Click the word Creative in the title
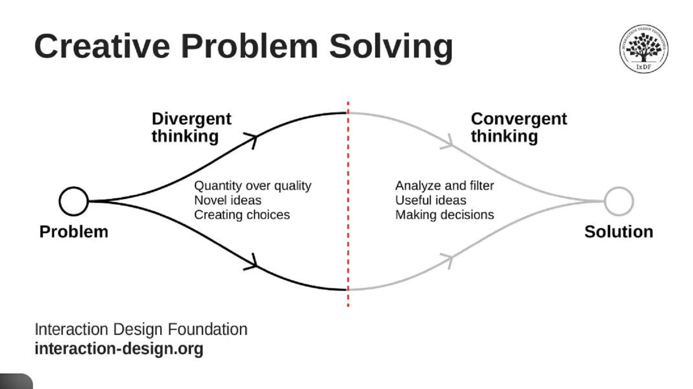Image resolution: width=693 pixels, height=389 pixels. (x=102, y=46)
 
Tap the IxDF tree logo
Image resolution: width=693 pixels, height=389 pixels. (x=643, y=48)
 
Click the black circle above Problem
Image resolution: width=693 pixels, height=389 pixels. (x=74, y=201)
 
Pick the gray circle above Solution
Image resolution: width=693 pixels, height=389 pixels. (x=619, y=201)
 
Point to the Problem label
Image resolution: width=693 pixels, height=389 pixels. (x=74, y=232)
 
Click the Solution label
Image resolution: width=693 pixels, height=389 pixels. (x=619, y=232)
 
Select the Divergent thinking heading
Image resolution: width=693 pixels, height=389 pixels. (x=191, y=127)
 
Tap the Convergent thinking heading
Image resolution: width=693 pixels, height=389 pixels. (x=518, y=127)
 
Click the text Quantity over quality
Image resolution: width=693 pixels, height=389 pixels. (x=253, y=186)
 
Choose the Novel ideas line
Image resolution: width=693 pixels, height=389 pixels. (x=228, y=200)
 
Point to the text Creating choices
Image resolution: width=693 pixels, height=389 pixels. (x=242, y=215)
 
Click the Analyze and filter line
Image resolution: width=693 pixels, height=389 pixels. (x=444, y=186)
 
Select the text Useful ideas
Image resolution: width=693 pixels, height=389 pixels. (x=431, y=200)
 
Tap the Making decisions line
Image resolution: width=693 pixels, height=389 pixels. (x=444, y=215)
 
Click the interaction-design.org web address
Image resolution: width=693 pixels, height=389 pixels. (x=119, y=349)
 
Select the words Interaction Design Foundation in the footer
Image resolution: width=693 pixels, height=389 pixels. (x=141, y=329)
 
